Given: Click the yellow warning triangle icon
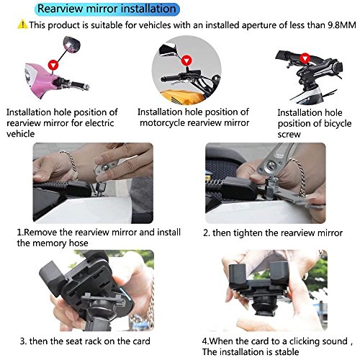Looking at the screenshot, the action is tap(22, 24).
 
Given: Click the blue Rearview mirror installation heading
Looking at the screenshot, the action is tap(107, 9).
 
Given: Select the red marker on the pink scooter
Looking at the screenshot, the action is tap(53, 65).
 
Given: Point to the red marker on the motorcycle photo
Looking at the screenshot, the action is tap(186, 60).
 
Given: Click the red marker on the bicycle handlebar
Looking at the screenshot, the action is tap(305, 58).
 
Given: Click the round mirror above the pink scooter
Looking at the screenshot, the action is tap(71, 44).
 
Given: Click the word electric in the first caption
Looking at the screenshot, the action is tap(99, 123).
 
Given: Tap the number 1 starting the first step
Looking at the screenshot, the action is tap(19, 233).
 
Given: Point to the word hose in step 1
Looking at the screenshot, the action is tap(78, 243).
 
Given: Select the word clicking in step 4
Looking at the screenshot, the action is tap(305, 341).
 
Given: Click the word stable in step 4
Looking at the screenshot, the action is tap(287, 352).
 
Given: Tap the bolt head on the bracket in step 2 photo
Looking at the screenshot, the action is tap(271, 165).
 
